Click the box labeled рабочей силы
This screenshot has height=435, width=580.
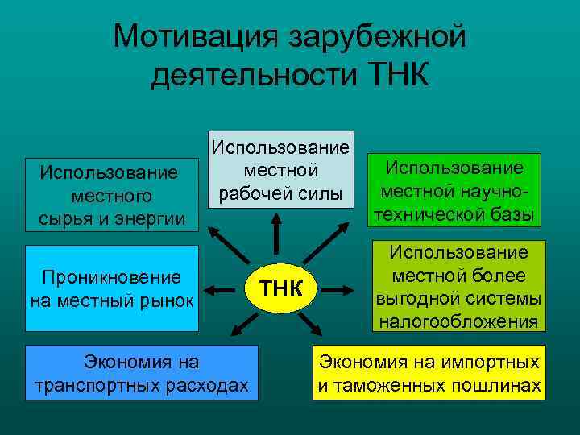pos(280,170)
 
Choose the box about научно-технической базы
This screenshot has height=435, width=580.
pos(454,191)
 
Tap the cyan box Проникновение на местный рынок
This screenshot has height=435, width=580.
pos(112,288)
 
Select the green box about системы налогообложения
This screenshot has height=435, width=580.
pos(456,287)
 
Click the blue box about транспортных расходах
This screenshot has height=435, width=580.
pos(141,373)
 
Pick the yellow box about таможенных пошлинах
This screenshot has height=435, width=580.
pos(429,373)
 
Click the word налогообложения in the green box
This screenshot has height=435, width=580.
pos(456,322)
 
